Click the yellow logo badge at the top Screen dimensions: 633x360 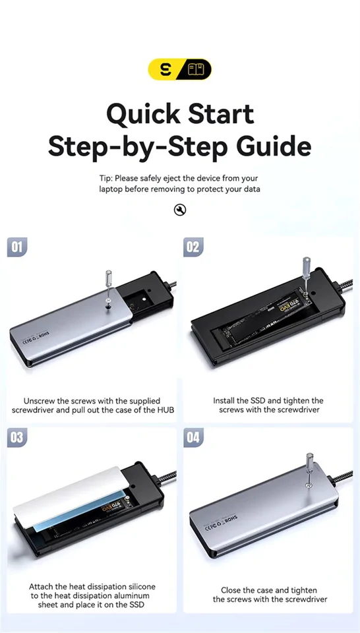(179, 69)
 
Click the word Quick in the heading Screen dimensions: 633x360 (144, 113)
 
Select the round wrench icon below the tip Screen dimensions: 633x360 (180, 210)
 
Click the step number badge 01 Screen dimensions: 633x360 (17, 247)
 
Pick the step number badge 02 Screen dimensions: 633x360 (193, 247)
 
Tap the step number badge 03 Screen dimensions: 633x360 (17, 438)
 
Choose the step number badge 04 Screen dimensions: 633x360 (193, 438)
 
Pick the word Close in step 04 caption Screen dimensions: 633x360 (235, 590)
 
